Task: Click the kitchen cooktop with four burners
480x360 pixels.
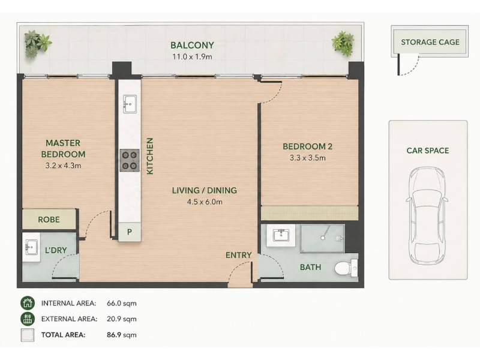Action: coord(129,160)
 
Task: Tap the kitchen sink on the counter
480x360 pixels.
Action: coord(130,104)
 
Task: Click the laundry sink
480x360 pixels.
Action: coord(31,247)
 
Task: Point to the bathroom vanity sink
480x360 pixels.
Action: coord(281,236)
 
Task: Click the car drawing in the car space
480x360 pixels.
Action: coord(427,215)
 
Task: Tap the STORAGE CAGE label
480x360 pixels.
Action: coord(430,42)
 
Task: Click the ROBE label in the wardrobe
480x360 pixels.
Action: coord(49,220)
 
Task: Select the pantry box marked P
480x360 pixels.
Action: coord(130,232)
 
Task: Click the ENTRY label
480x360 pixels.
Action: coord(238,255)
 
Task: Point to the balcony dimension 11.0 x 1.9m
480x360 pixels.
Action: coord(192,56)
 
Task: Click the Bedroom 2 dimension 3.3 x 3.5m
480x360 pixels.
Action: coord(308,158)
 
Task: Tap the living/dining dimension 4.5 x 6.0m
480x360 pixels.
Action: coord(205,202)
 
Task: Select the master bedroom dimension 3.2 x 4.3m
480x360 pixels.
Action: coord(64,166)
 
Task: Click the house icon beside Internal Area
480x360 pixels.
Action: coord(28,303)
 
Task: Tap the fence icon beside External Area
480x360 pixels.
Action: coord(28,319)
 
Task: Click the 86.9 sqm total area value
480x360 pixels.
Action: coord(122,335)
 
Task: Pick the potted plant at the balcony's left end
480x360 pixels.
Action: coord(37,44)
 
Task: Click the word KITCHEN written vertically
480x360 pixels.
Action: coord(149,156)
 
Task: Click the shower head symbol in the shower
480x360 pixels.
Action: coord(323,238)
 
